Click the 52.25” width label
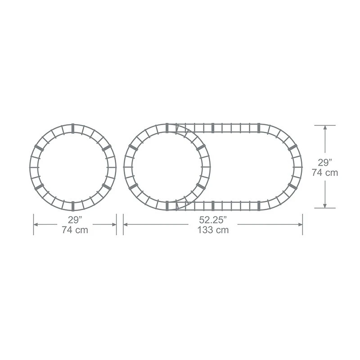tap(213, 220)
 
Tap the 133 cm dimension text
tap(213, 230)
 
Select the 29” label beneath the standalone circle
tap(75, 220)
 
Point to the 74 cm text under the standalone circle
tap(75, 230)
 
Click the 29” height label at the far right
tap(325, 162)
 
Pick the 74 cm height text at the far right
tap(325, 172)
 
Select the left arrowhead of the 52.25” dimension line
tap(126, 224)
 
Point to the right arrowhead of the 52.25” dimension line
tap(300, 224)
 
